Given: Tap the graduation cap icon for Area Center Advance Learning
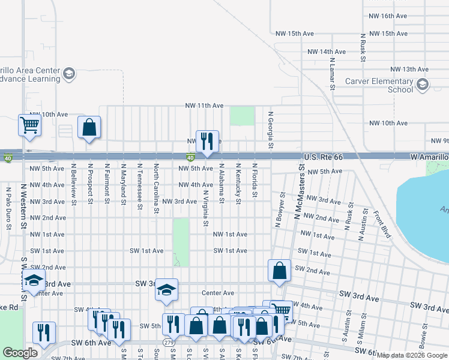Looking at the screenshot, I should pos(69,73).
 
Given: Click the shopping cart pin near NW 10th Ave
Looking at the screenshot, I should pos(29,125).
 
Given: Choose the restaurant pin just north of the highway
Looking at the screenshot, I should pos(207,141).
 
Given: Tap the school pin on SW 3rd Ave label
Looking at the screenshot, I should pos(166,290).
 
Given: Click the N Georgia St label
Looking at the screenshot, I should pos(271,130).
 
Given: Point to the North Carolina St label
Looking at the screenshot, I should pos(156,188).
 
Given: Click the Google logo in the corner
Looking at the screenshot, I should pos(20,353).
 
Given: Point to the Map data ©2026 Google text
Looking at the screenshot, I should pos(411,355).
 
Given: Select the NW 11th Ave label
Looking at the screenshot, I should pos(204,106).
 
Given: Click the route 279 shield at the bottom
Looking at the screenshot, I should pos(167,342).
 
